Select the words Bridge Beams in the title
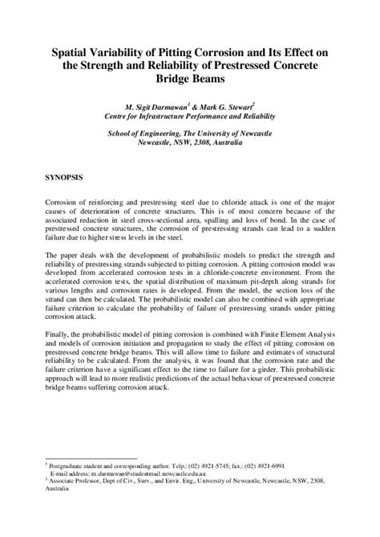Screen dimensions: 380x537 pos(190,79)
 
